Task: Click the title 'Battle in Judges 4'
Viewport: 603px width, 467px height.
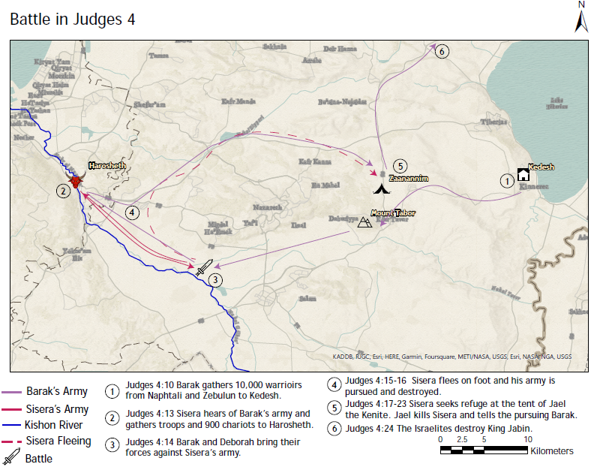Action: point(73,20)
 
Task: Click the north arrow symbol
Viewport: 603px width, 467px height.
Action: point(581,18)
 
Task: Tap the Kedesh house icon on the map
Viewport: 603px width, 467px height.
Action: point(523,174)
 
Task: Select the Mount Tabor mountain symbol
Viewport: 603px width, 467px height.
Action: point(364,221)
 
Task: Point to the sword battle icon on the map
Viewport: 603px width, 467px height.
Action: point(204,268)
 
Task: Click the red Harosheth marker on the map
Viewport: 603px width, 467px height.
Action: point(75,181)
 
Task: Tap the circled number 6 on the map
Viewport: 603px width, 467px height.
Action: point(442,51)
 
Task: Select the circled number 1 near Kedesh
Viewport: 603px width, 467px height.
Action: point(507,180)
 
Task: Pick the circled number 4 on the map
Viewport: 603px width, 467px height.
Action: point(132,212)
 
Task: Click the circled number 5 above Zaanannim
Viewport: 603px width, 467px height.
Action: point(400,165)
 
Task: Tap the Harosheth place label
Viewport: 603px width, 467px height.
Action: point(107,165)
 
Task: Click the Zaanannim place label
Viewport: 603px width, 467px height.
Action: point(409,179)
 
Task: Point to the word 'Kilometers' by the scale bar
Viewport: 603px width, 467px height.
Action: point(551,451)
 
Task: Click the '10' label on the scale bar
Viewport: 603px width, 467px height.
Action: point(527,438)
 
